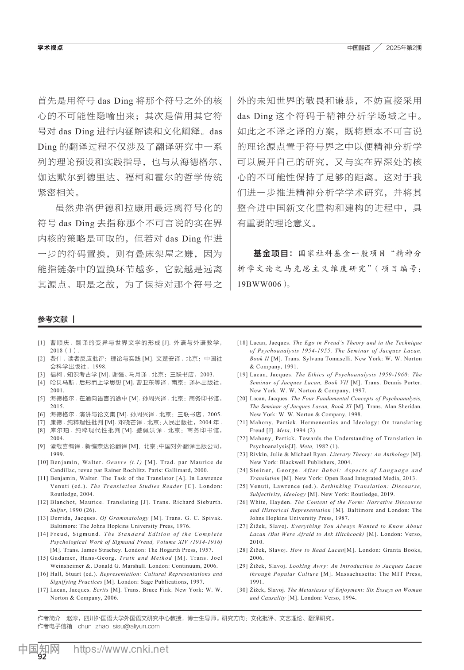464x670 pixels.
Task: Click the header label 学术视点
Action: [x=50, y=48]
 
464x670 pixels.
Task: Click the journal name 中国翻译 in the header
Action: [x=359, y=48]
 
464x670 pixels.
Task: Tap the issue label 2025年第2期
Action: [x=403, y=48]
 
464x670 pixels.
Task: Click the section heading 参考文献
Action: [x=53, y=319]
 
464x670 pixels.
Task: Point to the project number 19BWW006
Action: [x=259, y=284]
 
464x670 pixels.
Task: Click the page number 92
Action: [x=42, y=657]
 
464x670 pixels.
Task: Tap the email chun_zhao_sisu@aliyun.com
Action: [x=119, y=626]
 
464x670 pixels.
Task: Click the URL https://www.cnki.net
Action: [x=120, y=649]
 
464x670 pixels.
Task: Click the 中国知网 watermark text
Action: [x=39, y=649]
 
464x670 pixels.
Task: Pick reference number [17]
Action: [x=43, y=590]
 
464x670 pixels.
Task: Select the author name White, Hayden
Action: [x=271, y=502]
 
